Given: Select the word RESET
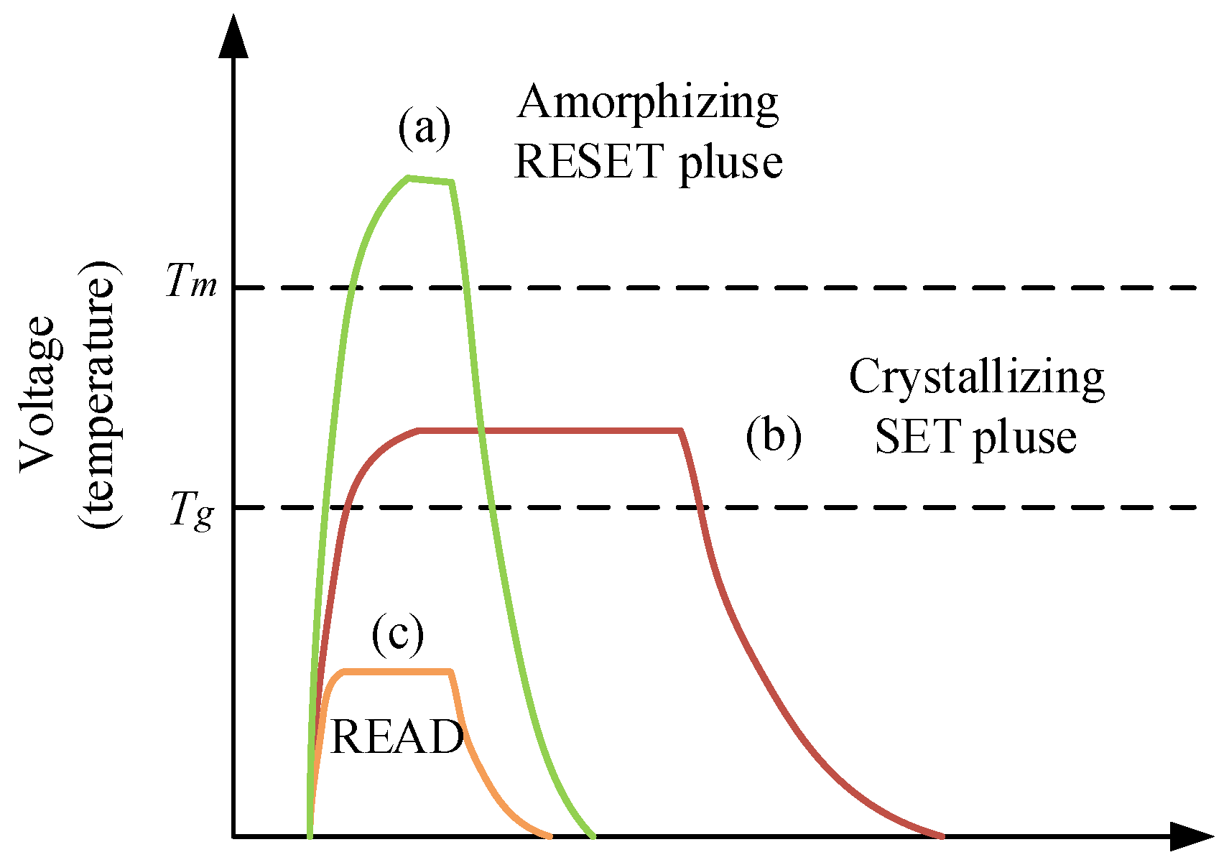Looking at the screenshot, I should pyautogui.click(x=588, y=162).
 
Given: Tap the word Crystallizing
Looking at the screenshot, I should pyautogui.click(x=976, y=378).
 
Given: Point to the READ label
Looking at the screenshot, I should pyautogui.click(x=396, y=737).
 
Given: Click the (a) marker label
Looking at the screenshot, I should pyautogui.click(x=425, y=129).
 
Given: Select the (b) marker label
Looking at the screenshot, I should pyautogui.click(x=773, y=436).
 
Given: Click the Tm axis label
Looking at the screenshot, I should pyautogui.click(x=191, y=281).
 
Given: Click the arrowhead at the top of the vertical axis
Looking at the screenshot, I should pyautogui.click(x=233, y=36).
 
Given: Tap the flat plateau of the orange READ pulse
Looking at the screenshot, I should pyautogui.click(x=397, y=672).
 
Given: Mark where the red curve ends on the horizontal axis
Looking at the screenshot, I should pyautogui.click(x=942, y=836).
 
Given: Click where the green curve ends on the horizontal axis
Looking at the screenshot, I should pyautogui.click(x=593, y=836).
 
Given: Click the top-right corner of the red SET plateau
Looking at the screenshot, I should pyautogui.click(x=680, y=430).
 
